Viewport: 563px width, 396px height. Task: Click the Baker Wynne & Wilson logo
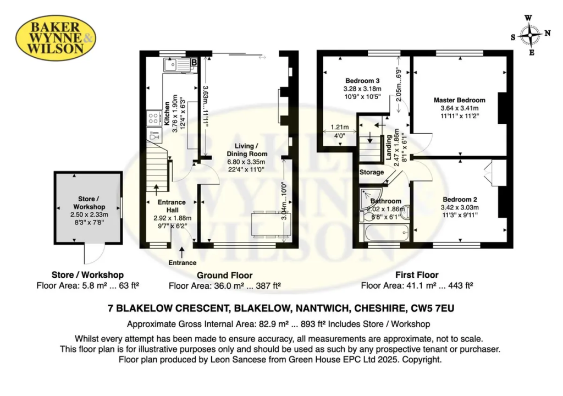(56, 37)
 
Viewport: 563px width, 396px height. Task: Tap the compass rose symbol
(531, 35)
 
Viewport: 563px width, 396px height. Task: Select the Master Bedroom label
(459, 100)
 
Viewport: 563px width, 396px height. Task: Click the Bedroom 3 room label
(362, 81)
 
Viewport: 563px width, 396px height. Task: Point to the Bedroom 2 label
(460, 200)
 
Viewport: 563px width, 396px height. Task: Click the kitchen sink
(176, 65)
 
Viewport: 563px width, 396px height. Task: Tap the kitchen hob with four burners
(154, 118)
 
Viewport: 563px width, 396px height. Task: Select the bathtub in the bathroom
(387, 233)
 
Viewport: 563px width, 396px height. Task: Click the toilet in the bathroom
(366, 216)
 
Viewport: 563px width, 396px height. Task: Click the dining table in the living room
(267, 224)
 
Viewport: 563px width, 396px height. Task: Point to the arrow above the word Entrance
(182, 252)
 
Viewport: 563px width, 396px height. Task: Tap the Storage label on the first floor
(372, 172)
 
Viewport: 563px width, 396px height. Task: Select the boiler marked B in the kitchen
(194, 63)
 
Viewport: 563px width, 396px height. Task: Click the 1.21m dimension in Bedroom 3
(339, 127)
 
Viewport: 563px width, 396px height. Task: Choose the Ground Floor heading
(224, 275)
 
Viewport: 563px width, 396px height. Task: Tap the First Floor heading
(417, 275)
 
